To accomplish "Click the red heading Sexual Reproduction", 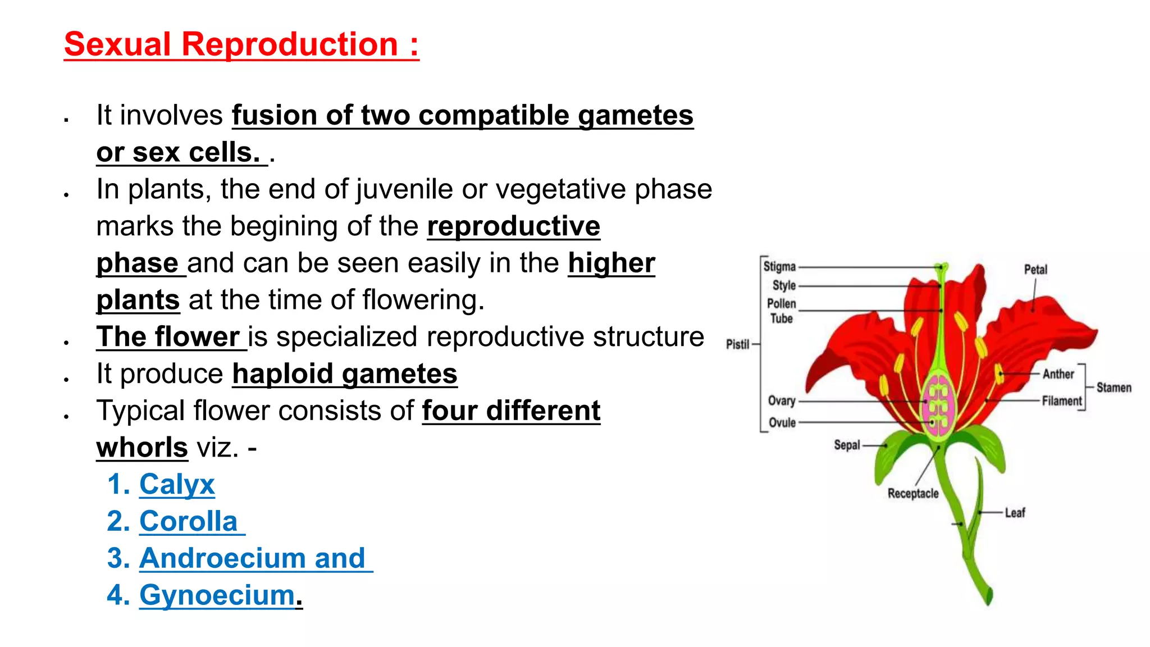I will point(241,44).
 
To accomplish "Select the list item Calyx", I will point(177,484).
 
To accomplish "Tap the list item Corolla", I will point(189,521).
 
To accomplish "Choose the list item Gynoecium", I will point(217,595).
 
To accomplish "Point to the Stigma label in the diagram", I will point(779,267).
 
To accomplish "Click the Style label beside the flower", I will point(784,285).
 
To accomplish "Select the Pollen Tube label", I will point(781,311).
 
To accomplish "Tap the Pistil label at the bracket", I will point(737,344).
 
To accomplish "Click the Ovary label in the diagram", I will point(782,400).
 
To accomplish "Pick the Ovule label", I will point(782,422).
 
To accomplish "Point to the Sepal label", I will point(847,445).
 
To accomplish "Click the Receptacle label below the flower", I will point(913,493).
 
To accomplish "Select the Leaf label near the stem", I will point(1015,513).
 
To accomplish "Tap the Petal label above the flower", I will point(1035,270).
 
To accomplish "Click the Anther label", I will point(1058,374).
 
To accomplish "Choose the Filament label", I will point(1061,401).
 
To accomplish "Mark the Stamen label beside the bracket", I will point(1114,388).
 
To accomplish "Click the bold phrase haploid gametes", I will point(345,374).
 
